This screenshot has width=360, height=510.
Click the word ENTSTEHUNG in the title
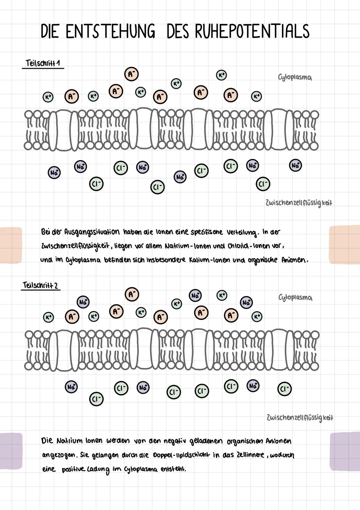tap(110, 32)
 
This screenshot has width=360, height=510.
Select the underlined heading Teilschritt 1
tap(42, 63)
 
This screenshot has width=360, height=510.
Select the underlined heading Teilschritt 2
tap(40, 285)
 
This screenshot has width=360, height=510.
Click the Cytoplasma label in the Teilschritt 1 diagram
tap(295, 77)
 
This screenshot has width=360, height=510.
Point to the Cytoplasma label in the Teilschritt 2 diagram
tap(295, 297)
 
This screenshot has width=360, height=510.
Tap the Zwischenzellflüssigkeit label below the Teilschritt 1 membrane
tap(299, 203)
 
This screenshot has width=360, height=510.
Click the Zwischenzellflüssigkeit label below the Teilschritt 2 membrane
tap(300, 417)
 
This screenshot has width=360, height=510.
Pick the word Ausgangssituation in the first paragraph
tap(92, 232)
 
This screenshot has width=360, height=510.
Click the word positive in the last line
tap(73, 469)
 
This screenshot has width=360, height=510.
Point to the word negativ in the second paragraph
tap(175, 441)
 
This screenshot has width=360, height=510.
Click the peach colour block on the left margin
tap(11, 245)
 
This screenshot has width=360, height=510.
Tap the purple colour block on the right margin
tap(345, 452)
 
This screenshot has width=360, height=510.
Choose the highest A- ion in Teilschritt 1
tap(131, 74)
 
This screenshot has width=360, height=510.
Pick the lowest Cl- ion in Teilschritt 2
tap(96, 399)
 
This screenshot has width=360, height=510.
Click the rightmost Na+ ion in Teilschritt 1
tap(295, 165)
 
